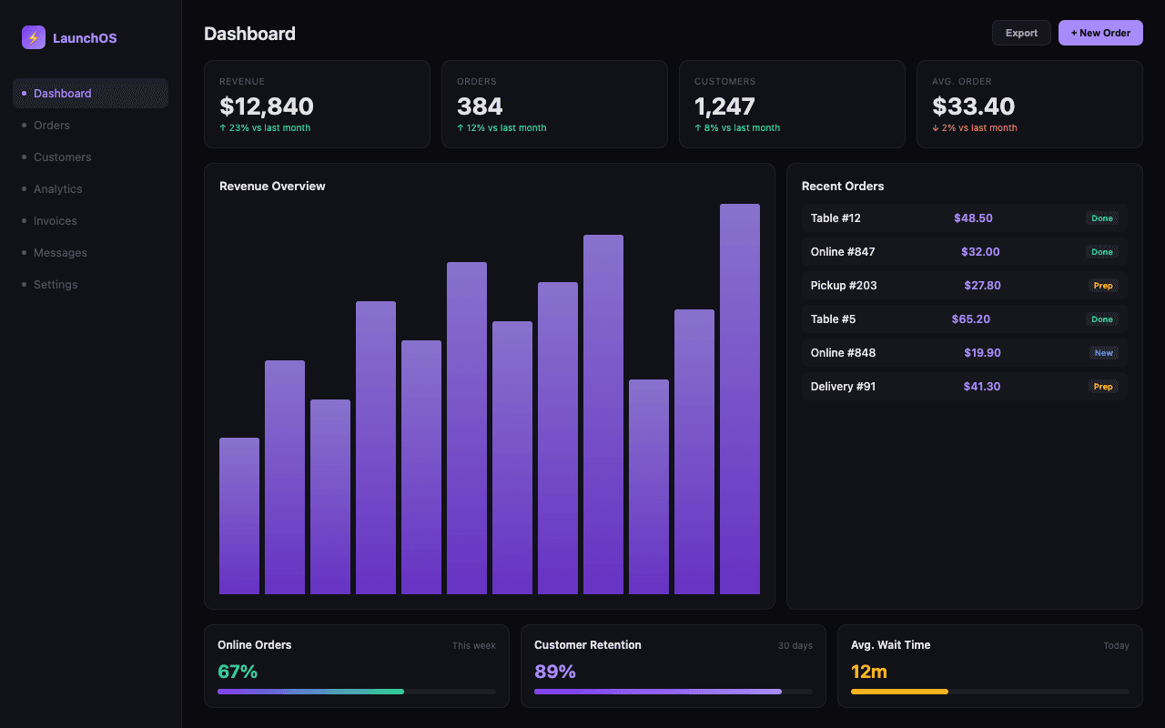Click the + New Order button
coord(1100,33)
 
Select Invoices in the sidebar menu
coord(56,221)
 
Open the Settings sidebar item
coord(56,285)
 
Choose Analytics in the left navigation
coord(58,189)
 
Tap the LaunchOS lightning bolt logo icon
coord(34,37)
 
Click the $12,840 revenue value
coord(267,106)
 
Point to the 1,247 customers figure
coord(724,106)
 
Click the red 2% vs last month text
coord(975,128)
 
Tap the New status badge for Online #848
coord(1103,353)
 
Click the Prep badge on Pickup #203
coord(1102,286)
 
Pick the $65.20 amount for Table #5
coord(971,319)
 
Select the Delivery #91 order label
coord(843,387)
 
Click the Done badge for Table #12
coord(1102,218)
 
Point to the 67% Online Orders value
coord(238,672)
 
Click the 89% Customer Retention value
coord(555,672)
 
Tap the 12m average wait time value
coord(869,672)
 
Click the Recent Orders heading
coord(843,187)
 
